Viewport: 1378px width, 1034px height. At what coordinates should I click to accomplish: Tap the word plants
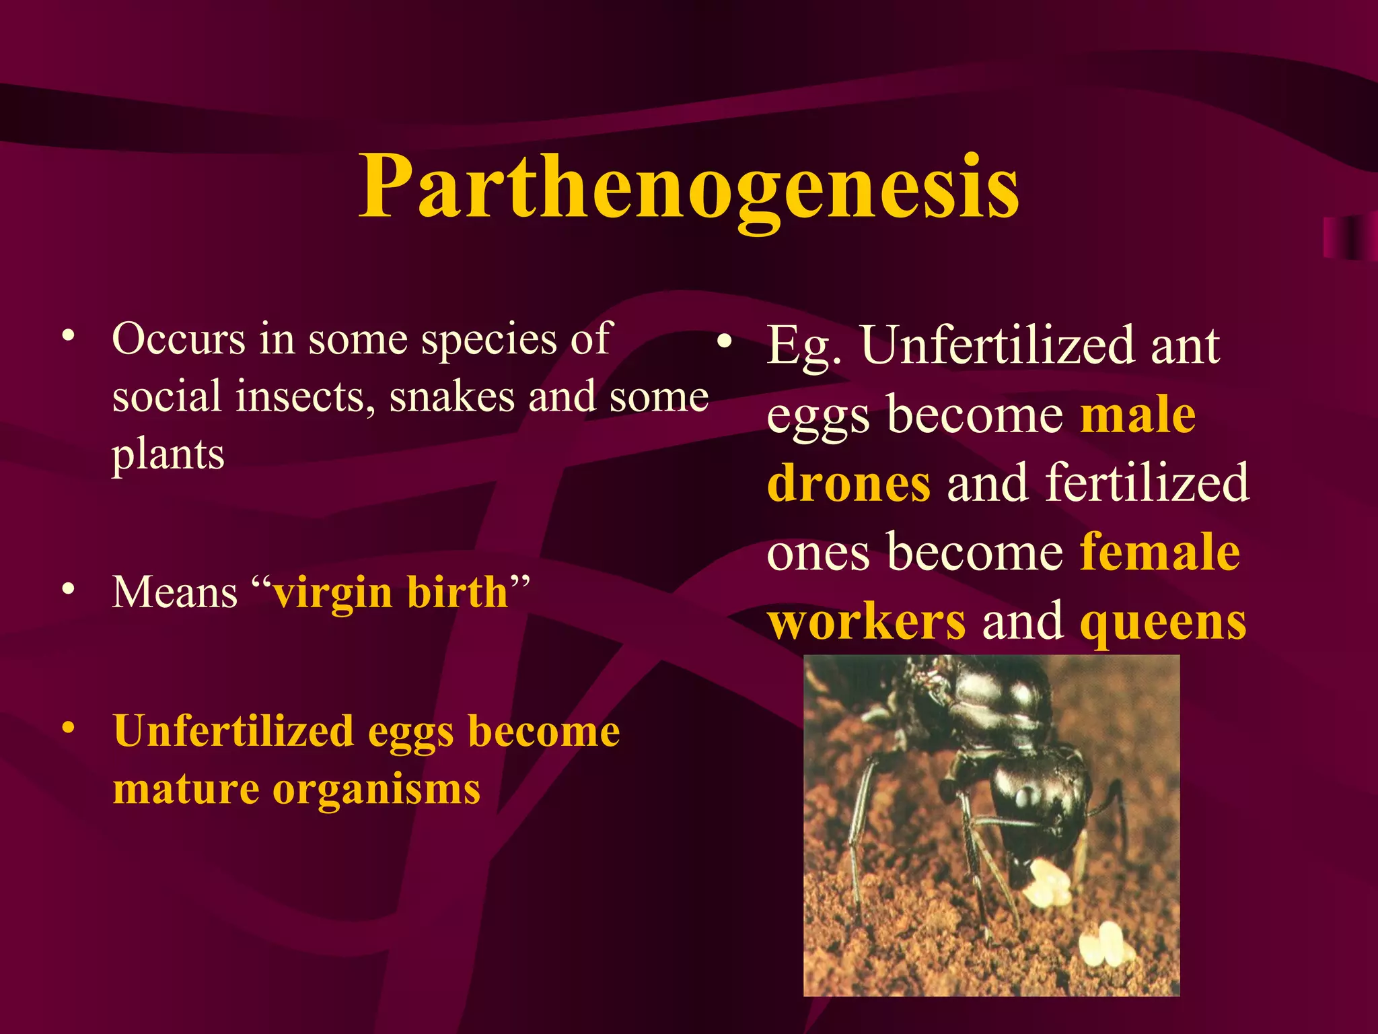(168, 455)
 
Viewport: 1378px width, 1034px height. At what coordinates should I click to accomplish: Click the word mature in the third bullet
(186, 789)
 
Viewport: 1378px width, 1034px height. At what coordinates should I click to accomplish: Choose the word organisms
(376, 790)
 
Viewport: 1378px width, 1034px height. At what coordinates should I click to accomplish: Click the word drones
(848, 483)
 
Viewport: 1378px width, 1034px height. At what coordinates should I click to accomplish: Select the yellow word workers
(867, 621)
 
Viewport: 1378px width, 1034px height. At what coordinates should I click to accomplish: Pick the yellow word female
(1160, 552)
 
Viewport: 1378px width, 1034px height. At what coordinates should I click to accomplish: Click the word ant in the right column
(1185, 346)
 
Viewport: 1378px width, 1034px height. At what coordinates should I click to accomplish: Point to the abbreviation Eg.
(803, 346)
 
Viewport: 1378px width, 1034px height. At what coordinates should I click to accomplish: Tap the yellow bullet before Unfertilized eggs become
(67, 728)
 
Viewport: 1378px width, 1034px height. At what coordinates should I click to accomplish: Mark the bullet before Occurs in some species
(67, 335)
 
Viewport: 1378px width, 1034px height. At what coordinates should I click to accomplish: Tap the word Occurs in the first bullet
(178, 338)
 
